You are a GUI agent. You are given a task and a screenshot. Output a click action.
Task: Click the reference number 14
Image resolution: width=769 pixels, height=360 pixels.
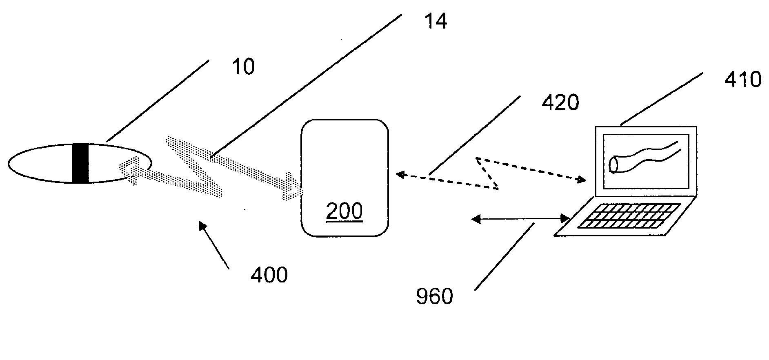[436, 21]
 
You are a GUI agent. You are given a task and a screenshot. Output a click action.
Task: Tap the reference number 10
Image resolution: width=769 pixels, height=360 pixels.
[243, 67]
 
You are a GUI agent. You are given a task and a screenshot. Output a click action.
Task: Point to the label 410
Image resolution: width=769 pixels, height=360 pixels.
[743, 80]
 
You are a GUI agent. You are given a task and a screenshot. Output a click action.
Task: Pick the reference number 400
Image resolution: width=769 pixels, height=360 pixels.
[269, 275]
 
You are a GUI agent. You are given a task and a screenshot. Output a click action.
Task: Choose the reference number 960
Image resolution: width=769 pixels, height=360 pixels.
[435, 297]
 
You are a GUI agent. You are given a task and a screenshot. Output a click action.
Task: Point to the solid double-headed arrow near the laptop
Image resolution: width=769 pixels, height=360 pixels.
[521, 219]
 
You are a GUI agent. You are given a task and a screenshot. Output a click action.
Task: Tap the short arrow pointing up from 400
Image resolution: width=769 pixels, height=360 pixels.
[213, 244]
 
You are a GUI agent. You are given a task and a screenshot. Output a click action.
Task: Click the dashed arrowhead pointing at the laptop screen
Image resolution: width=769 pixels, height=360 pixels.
[581, 180]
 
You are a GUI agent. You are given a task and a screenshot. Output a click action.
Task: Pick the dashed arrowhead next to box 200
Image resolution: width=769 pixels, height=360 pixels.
[401, 175]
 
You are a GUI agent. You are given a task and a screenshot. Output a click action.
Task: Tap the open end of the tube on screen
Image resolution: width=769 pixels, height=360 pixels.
[613, 164]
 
